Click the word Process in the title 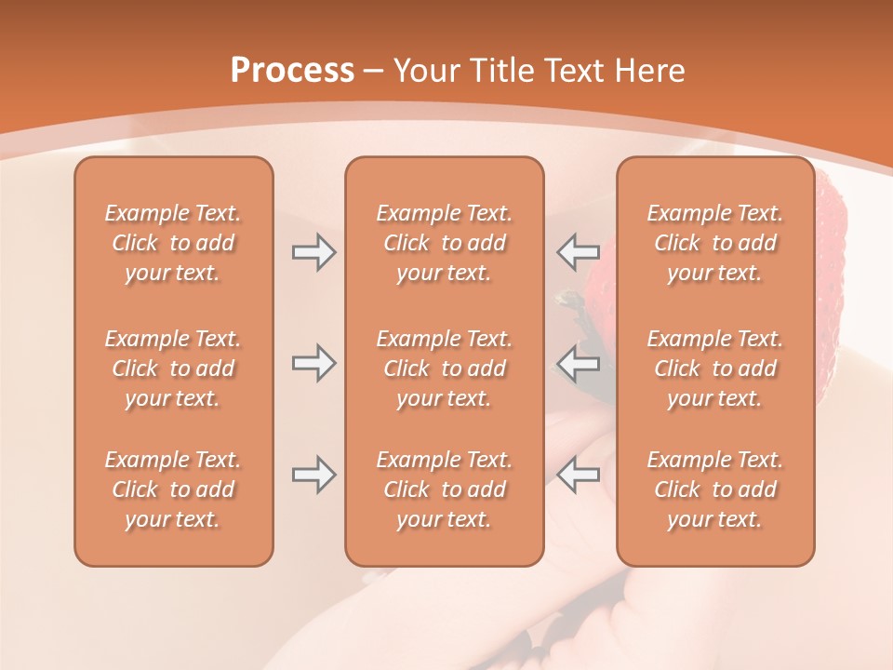coord(292,71)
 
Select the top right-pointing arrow coord(313,252)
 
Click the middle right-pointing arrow coord(313,363)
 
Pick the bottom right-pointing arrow coord(313,475)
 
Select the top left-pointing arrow coord(578,252)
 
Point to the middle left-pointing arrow coord(578,363)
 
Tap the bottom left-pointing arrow coord(578,475)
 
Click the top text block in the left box coord(173,243)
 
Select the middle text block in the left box coord(173,368)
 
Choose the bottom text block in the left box coord(173,489)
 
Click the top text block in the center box coord(445,243)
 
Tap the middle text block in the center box coord(445,368)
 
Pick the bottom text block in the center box coord(445,489)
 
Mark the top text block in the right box coord(715,243)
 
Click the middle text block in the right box coord(715,368)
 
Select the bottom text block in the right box coord(715,489)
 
